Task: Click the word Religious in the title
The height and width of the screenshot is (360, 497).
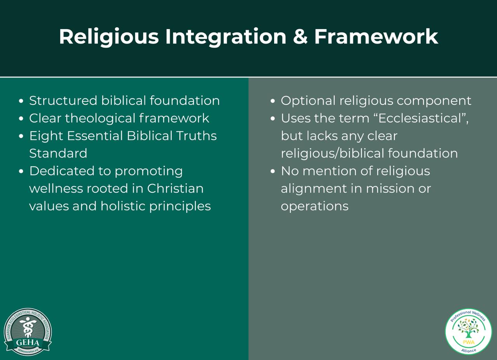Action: click(x=109, y=37)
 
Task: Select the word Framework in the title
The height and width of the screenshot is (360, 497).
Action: click(x=376, y=37)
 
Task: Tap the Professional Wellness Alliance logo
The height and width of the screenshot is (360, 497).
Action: click(x=468, y=331)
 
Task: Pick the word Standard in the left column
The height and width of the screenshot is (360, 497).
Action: click(x=58, y=153)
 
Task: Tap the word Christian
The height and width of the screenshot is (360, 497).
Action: click(x=175, y=188)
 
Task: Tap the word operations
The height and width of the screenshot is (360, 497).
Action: click(x=315, y=206)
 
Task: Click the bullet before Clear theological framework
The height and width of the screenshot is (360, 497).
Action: click(x=22, y=118)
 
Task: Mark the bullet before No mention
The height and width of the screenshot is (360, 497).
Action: click(x=273, y=171)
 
